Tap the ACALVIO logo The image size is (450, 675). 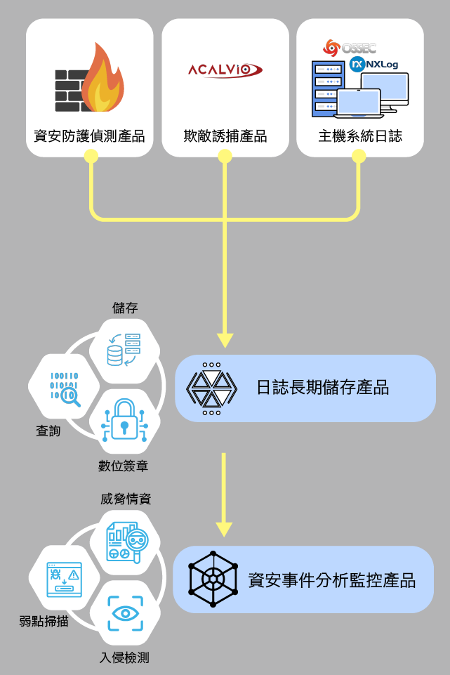click(x=225, y=70)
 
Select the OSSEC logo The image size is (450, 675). click(x=350, y=48)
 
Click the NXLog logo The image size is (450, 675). click(x=374, y=64)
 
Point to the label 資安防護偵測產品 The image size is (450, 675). click(x=89, y=136)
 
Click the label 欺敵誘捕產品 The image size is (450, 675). click(x=225, y=136)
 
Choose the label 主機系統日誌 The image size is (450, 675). click(x=360, y=136)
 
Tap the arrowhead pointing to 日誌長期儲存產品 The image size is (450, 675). click(x=225, y=341)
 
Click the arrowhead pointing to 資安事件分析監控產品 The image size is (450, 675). click(x=224, y=530)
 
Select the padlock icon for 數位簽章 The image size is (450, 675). click(x=125, y=420)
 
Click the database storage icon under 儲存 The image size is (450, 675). click(x=124, y=350)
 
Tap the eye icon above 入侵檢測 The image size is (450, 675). click(x=125, y=613)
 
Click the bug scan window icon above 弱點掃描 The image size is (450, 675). click(x=64, y=579)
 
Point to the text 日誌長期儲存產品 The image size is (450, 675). click(x=323, y=388)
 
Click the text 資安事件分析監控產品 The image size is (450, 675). click(x=331, y=580)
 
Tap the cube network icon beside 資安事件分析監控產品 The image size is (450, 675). click(x=213, y=579)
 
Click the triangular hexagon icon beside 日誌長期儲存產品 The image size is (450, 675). click(x=211, y=388)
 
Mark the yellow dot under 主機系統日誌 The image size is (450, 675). click(x=359, y=156)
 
